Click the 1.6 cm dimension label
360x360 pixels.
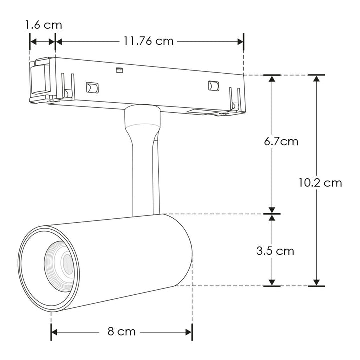(x=44, y=24)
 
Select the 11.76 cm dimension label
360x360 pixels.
(x=148, y=41)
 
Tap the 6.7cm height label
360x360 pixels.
(x=281, y=141)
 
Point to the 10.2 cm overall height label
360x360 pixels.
(x=320, y=182)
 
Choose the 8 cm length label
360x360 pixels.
(x=122, y=332)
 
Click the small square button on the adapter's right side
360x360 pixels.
(x=214, y=85)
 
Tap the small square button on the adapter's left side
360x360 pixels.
(x=92, y=88)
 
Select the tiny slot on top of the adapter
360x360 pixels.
(x=119, y=70)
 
